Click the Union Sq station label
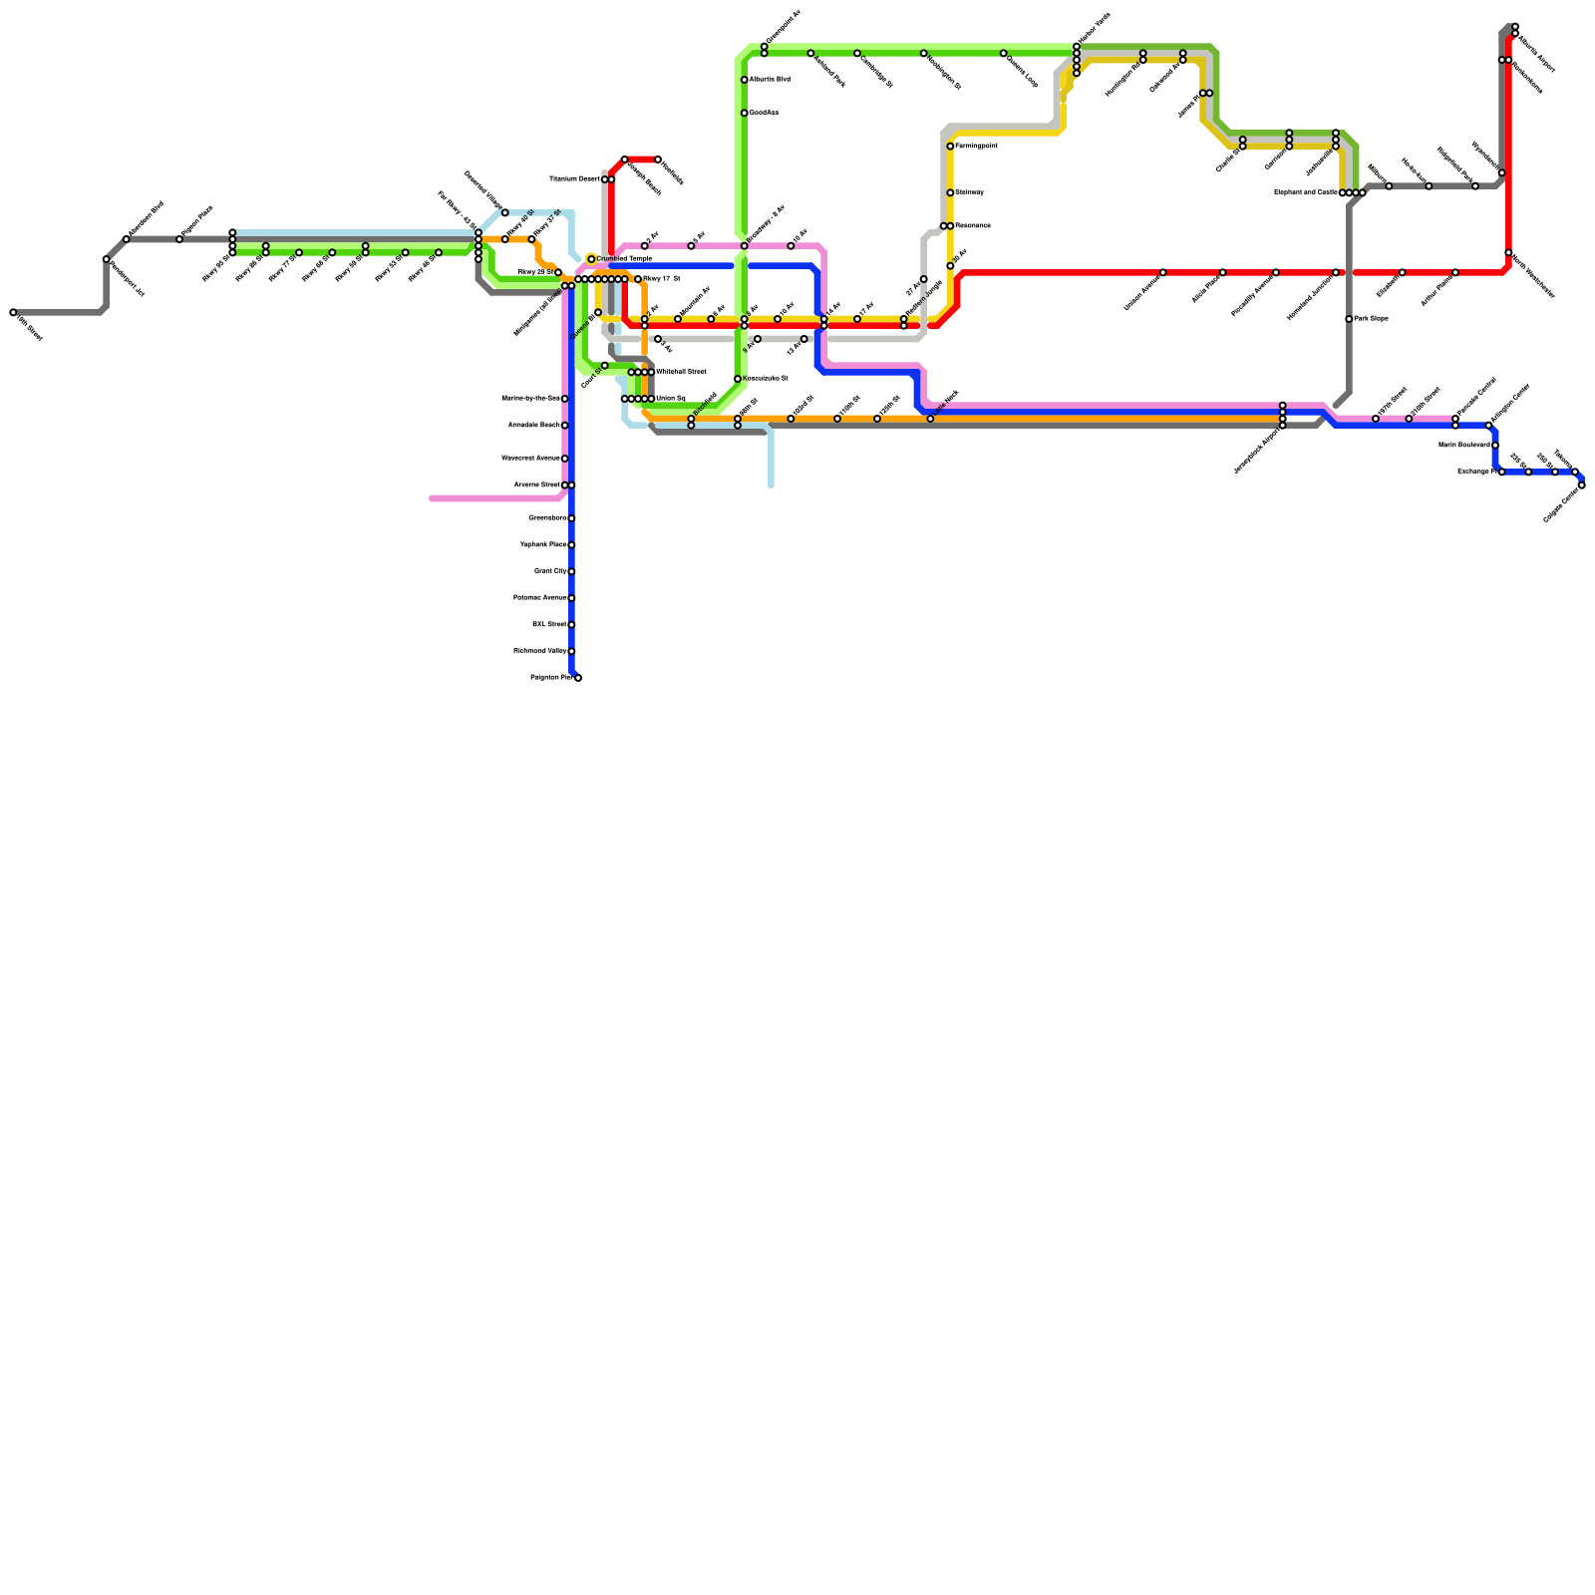pos(671,399)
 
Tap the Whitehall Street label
pos(681,372)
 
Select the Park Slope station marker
pos(1349,319)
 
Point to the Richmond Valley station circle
pos(571,651)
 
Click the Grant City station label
pos(549,571)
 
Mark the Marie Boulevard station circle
pos(1495,446)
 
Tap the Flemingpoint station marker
pos(950,147)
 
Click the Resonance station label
pos(973,226)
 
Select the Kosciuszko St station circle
pos(738,379)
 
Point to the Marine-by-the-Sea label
pos(530,399)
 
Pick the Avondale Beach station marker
pos(565,426)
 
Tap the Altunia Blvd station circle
pos(745,80)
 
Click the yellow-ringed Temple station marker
pos(591,259)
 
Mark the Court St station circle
pos(605,366)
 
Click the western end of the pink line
pos(432,498)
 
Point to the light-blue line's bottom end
pos(771,485)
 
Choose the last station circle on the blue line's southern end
pos(578,678)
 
